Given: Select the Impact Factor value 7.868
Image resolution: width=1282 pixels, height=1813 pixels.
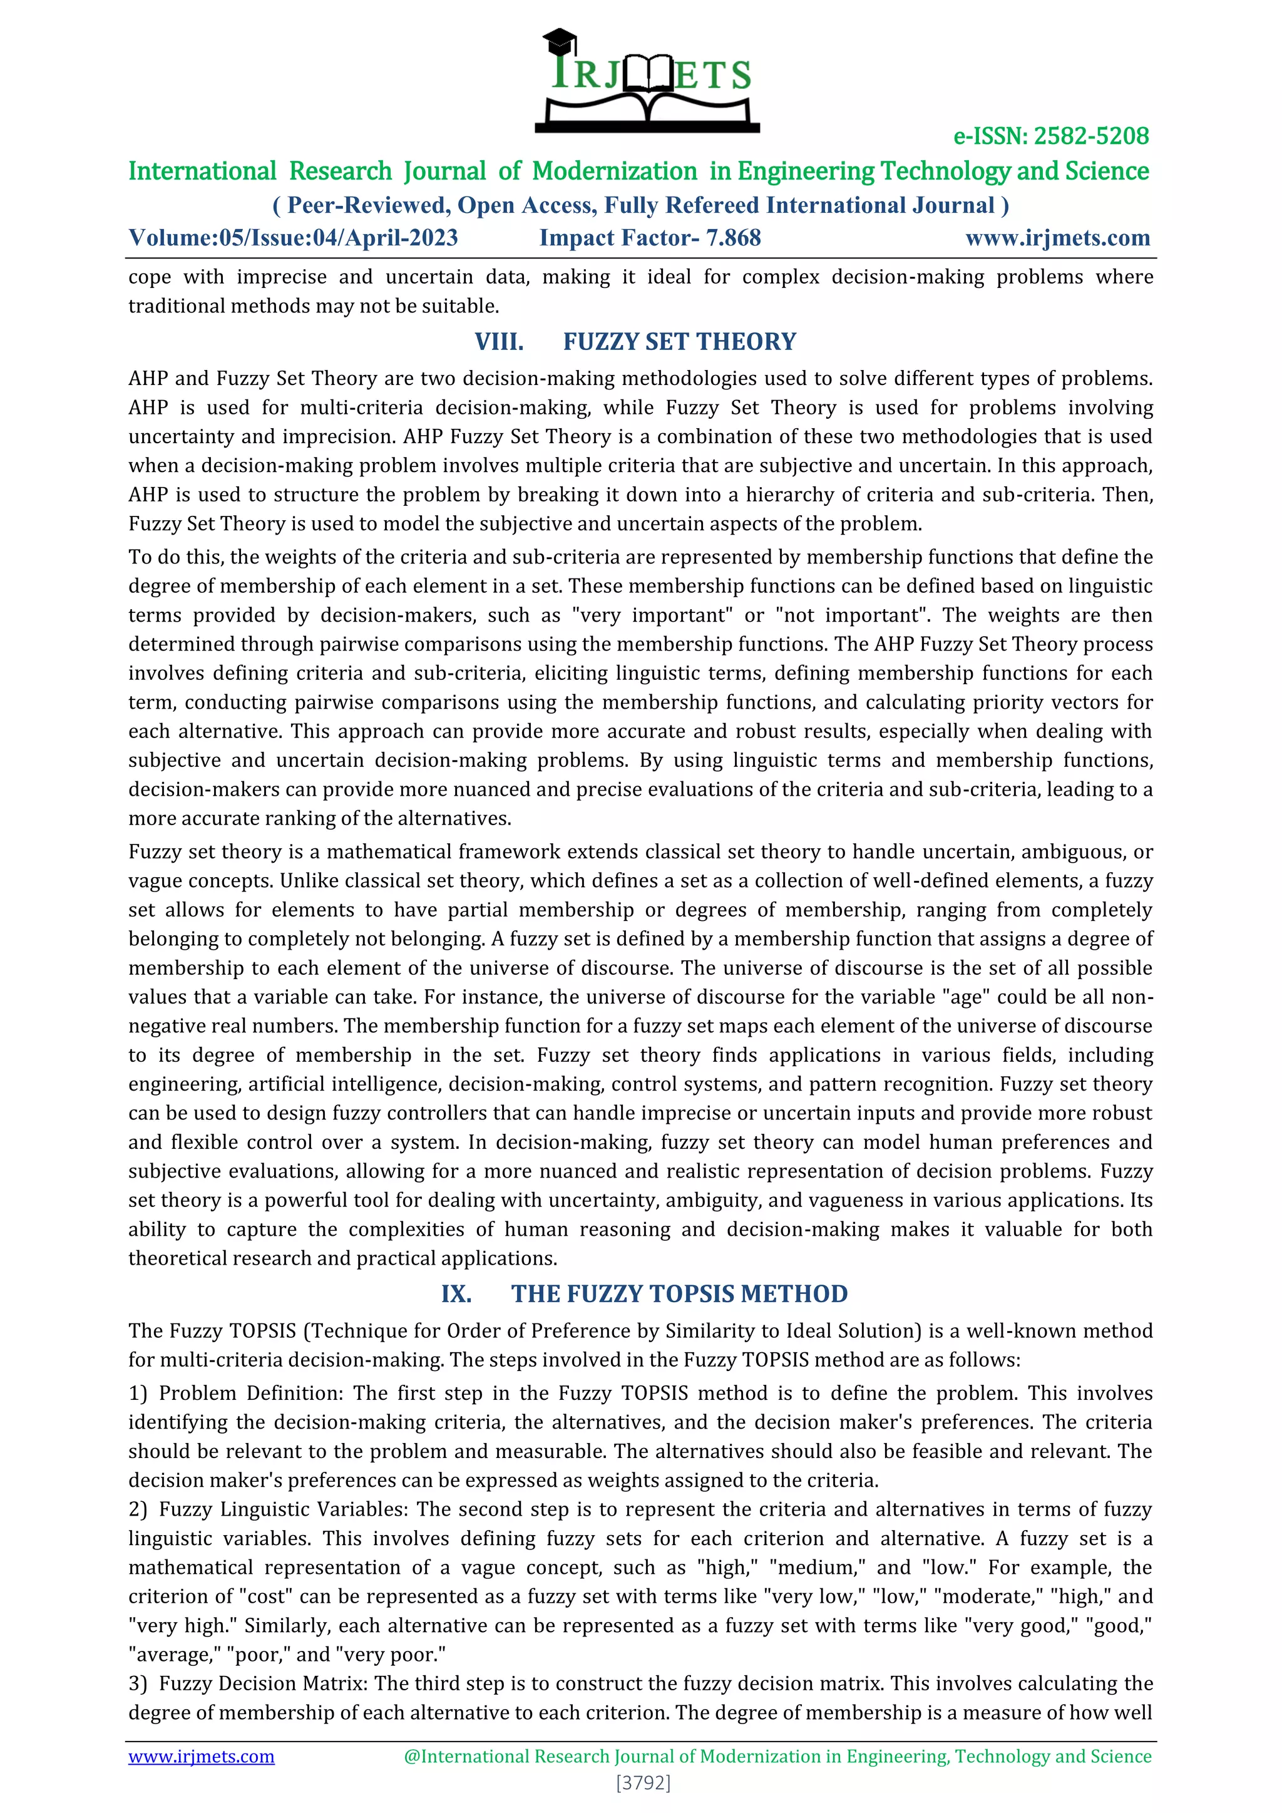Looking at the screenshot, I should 734,238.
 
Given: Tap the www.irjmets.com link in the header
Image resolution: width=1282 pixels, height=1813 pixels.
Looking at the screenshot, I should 1057,238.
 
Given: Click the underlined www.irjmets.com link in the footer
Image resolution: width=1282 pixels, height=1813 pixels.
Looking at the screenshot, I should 202,1756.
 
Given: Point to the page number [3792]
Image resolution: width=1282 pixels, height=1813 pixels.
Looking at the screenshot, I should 643,1782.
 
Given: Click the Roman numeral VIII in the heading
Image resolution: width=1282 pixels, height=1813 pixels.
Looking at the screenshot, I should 499,342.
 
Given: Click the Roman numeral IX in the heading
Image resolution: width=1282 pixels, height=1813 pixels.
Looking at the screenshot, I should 456,1294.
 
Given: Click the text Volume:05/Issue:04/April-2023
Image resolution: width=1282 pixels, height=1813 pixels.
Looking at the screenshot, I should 293,238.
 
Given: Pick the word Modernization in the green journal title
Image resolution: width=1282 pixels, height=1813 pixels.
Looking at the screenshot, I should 614,172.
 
